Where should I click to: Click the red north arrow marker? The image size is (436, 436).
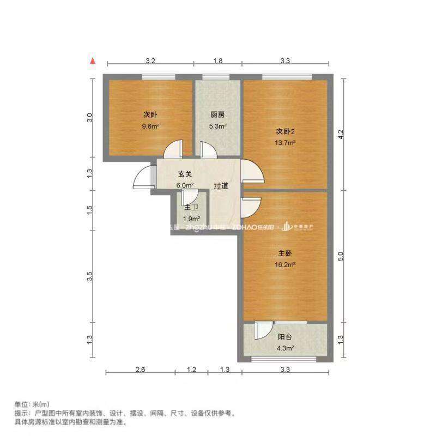point(94,61)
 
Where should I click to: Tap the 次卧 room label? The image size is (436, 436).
point(150,115)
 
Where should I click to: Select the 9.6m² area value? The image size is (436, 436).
point(150,126)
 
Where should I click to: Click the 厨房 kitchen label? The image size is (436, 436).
point(217,115)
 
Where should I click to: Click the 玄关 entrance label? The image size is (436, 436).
point(185,174)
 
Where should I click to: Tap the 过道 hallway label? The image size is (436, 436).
point(221,186)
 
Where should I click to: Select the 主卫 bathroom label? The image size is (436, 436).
point(191,208)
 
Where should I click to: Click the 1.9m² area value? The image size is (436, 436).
point(191,219)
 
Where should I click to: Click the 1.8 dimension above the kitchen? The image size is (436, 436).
point(217,61)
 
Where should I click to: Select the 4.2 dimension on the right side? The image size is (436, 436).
point(342,134)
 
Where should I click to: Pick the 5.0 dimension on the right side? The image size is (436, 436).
point(342,256)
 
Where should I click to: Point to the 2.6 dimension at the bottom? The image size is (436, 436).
point(140,371)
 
